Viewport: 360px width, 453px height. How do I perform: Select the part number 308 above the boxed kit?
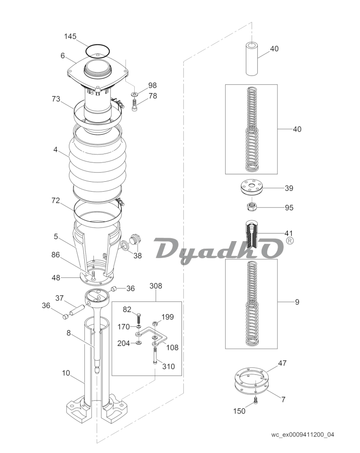[155, 286]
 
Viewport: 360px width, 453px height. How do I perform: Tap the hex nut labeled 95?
[251, 206]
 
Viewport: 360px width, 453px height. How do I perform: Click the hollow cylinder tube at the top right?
[252, 59]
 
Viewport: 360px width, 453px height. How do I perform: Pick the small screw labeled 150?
[255, 400]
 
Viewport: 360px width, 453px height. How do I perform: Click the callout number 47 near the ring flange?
[282, 363]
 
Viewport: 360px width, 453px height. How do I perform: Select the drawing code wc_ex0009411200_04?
[303, 435]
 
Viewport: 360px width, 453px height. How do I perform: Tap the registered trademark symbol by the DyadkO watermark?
[289, 240]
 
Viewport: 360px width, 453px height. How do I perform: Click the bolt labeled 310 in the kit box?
[155, 356]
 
